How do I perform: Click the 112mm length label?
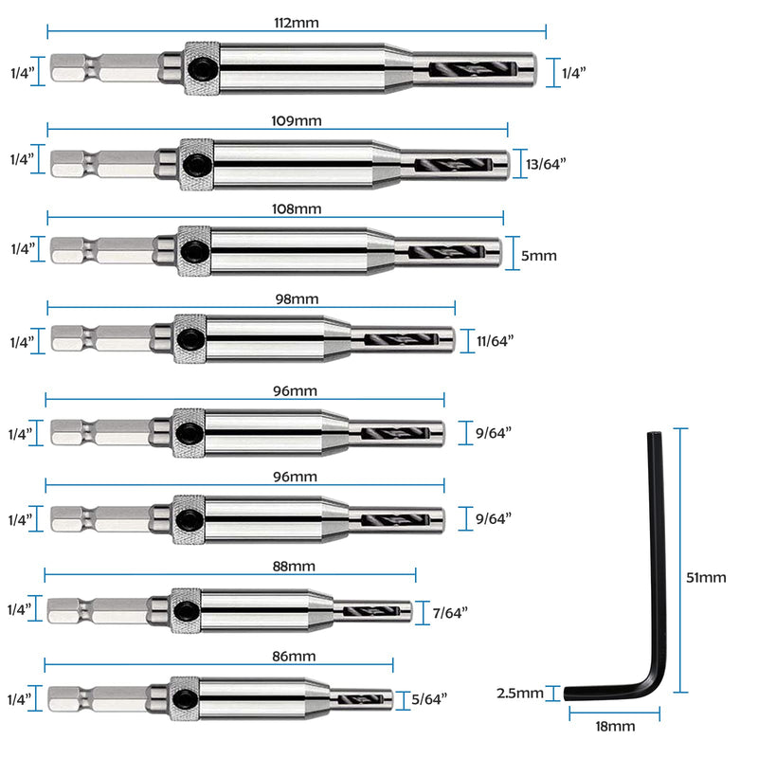[x=297, y=23]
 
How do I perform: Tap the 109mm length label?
[x=297, y=121]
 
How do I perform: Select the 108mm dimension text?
[x=297, y=208]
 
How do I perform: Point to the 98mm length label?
[x=297, y=299]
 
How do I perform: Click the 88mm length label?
[x=294, y=566]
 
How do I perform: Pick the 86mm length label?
[x=294, y=657]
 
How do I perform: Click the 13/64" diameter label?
[x=546, y=164]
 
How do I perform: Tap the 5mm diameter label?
[x=538, y=255]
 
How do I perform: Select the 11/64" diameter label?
[x=495, y=341]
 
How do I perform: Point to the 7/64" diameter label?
[x=450, y=613]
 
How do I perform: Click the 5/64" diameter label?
[x=429, y=699]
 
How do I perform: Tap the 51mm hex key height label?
[x=706, y=577]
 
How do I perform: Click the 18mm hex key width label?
[x=615, y=726]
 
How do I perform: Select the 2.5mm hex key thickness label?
[x=520, y=694]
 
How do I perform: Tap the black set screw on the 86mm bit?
[x=184, y=699]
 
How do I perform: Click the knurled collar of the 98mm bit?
[x=190, y=339]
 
